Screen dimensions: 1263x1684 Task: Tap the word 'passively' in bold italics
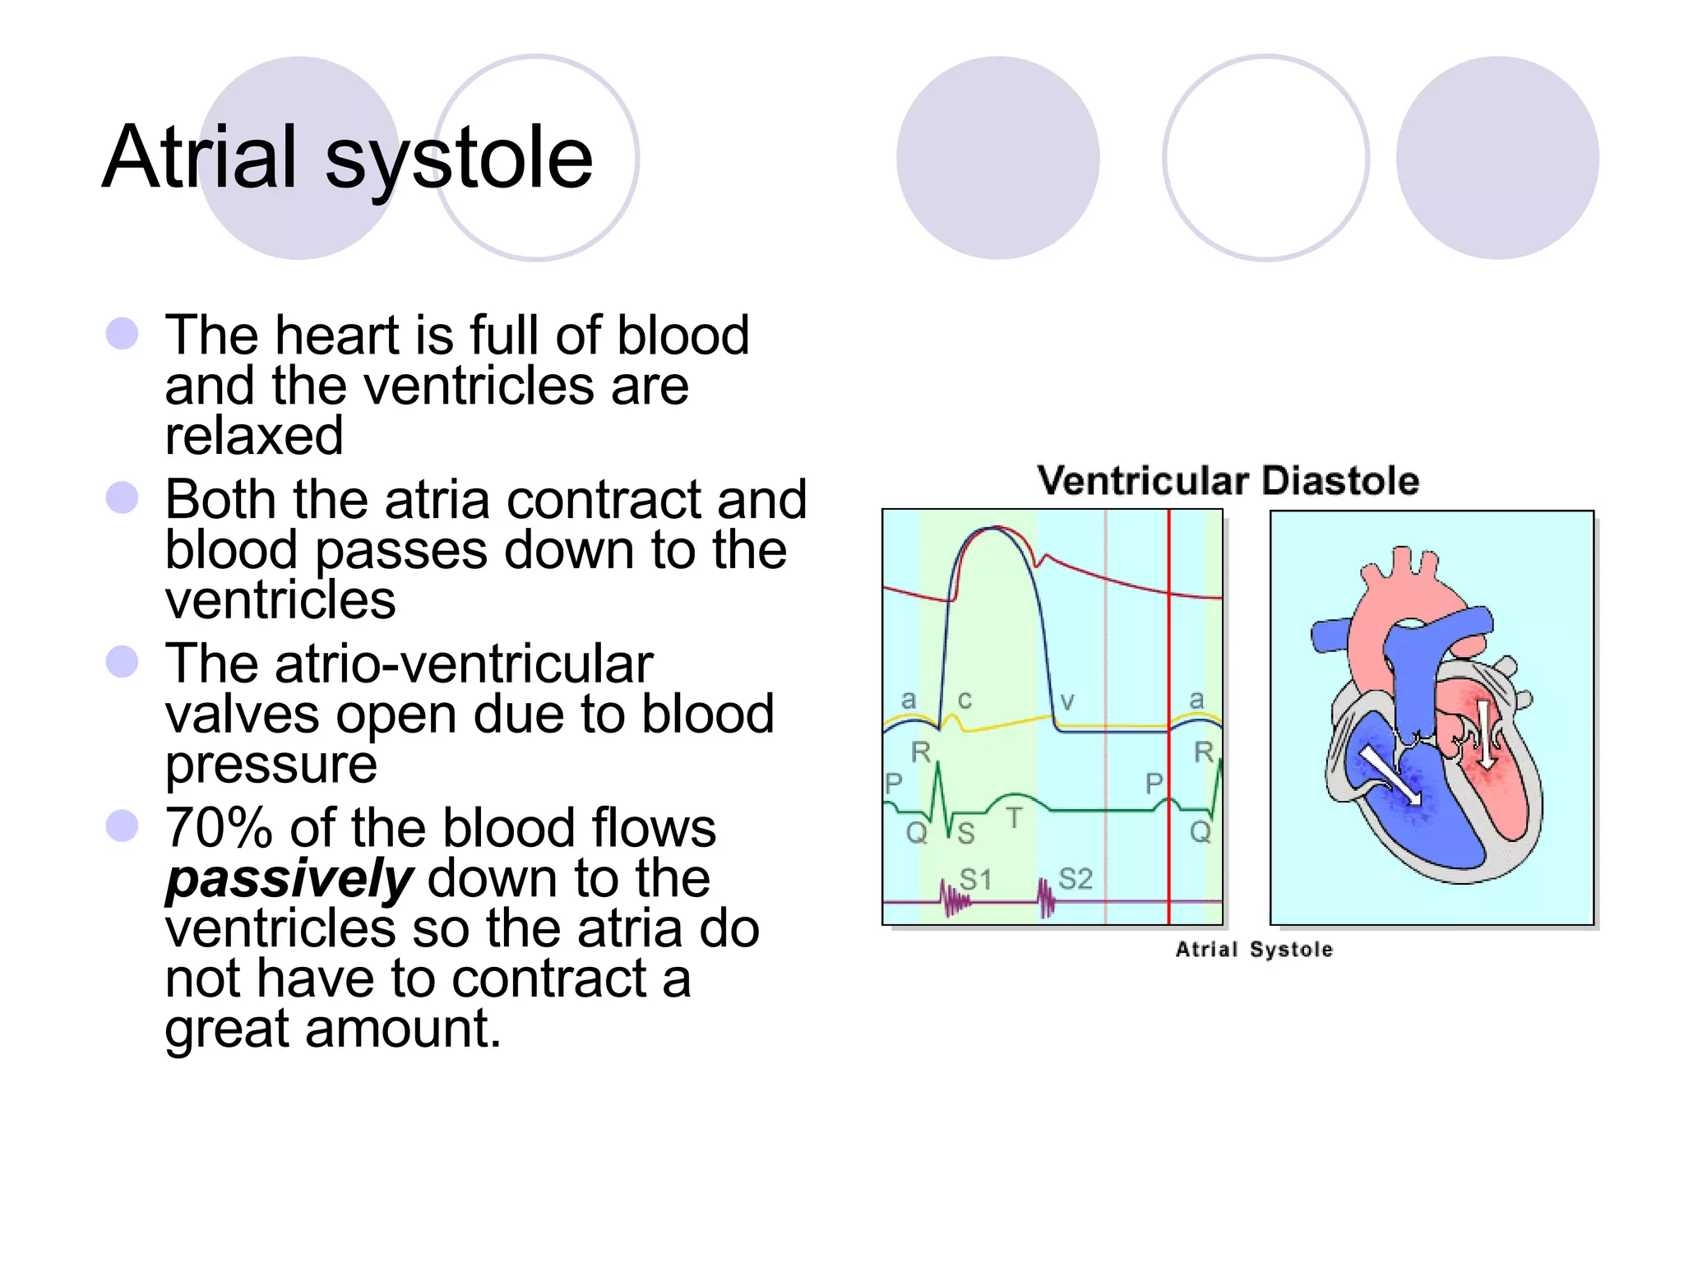(289, 878)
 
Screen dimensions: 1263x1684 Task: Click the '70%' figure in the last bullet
(218, 828)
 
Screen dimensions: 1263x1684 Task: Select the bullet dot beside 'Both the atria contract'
(122, 497)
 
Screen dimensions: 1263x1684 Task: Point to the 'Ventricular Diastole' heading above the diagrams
(1228, 481)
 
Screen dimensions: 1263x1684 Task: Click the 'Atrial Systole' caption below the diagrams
(1254, 950)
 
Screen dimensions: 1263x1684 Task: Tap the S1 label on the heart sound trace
(976, 880)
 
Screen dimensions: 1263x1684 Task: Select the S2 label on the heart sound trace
(1075, 879)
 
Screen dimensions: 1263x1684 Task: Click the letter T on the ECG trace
(1015, 818)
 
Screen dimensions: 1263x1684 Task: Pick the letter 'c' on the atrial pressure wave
(965, 700)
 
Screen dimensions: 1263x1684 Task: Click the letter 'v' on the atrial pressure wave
(1066, 701)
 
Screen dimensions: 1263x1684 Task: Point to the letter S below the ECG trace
(966, 834)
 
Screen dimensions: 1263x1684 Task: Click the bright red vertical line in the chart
(1168, 658)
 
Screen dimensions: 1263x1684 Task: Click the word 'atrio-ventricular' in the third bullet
(409, 664)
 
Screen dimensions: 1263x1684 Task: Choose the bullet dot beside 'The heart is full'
(122, 333)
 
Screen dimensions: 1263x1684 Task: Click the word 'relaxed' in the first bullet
(254, 436)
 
